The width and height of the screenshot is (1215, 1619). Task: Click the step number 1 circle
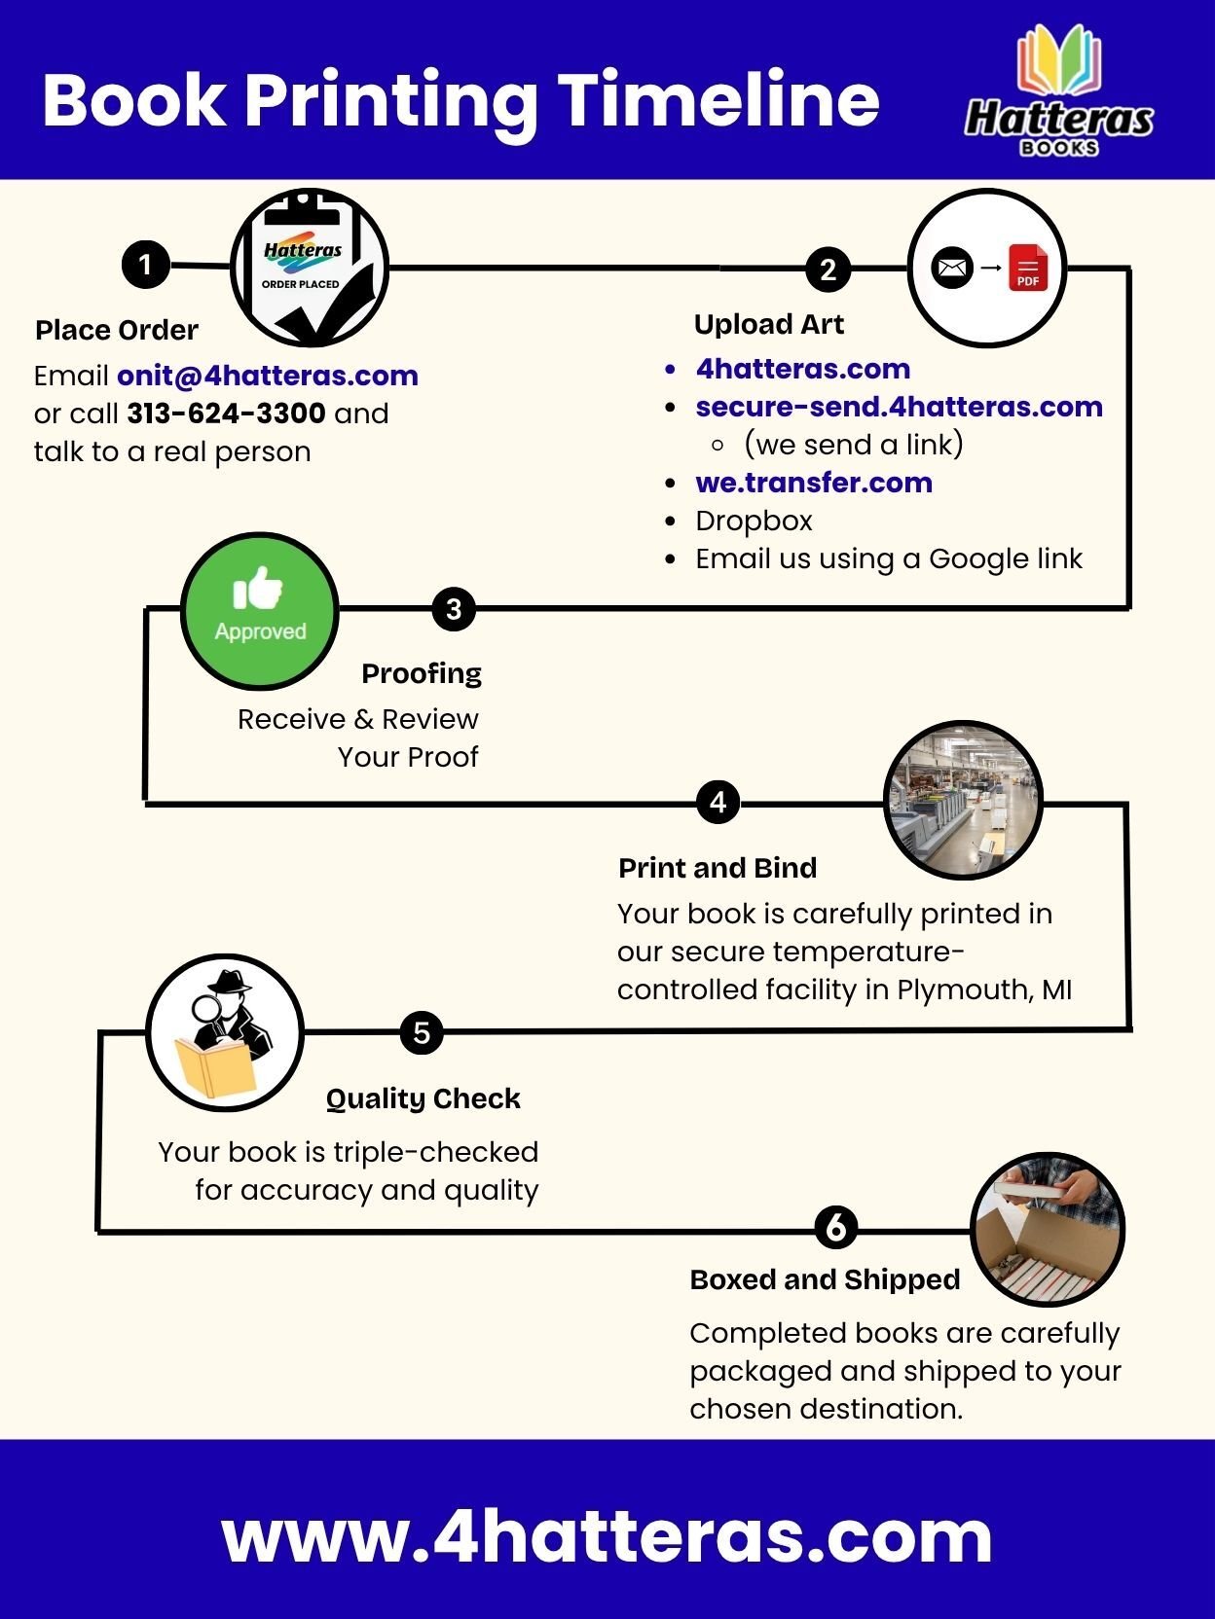pyautogui.click(x=145, y=265)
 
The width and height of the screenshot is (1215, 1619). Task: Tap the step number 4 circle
pyautogui.click(x=718, y=802)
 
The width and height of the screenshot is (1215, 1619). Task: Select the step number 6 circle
pyautogui.click(x=835, y=1227)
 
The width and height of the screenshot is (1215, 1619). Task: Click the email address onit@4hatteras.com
pyautogui.click(x=268, y=376)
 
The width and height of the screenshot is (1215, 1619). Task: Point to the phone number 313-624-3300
pyautogui.click(x=226, y=414)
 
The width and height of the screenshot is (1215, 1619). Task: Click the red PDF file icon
pyautogui.click(x=1028, y=269)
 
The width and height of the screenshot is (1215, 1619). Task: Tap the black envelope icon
pyautogui.click(x=951, y=268)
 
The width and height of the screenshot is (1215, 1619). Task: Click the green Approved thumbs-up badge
pyautogui.click(x=260, y=610)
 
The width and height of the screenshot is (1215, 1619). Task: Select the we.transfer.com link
pyautogui.click(x=814, y=483)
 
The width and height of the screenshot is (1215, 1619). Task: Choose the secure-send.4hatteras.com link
pyautogui.click(x=899, y=407)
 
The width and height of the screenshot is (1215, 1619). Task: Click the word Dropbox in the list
pyautogui.click(x=754, y=521)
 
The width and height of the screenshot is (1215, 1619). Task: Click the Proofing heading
pyautogui.click(x=422, y=673)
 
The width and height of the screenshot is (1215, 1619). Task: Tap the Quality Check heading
pyautogui.click(x=423, y=1098)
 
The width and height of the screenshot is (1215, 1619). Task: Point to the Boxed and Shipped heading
pyautogui.click(x=825, y=1279)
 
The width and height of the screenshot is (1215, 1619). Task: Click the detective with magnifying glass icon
pyautogui.click(x=225, y=1032)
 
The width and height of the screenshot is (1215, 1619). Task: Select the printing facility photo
pyautogui.click(x=963, y=800)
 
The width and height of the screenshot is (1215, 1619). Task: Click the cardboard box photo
pyautogui.click(x=1048, y=1230)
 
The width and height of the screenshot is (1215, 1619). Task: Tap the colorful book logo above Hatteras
pyautogui.click(x=1059, y=60)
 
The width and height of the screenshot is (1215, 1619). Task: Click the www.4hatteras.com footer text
pyautogui.click(x=607, y=1536)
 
